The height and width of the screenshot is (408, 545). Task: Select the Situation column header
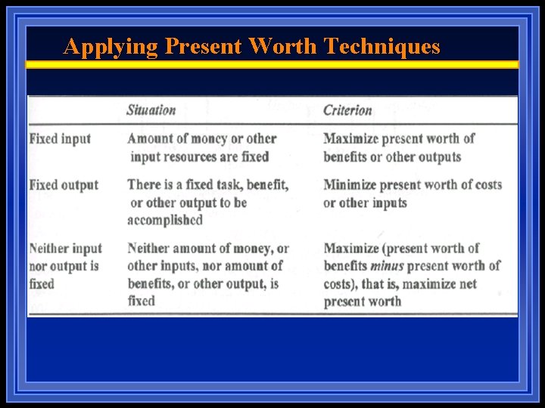click(151, 110)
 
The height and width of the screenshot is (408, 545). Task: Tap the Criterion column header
click(347, 110)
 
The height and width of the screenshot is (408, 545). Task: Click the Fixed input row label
click(60, 139)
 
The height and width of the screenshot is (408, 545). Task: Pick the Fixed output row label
click(64, 185)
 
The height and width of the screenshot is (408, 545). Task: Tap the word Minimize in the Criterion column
click(350, 185)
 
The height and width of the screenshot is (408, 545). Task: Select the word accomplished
click(165, 221)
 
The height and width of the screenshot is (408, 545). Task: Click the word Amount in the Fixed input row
click(151, 139)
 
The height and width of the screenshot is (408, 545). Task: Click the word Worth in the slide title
click(282, 47)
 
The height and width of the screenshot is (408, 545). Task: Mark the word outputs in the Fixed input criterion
click(438, 157)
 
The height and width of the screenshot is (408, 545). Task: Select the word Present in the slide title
click(203, 47)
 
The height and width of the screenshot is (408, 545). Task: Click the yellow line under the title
click(272, 65)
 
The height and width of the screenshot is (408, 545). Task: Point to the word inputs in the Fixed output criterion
click(388, 203)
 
